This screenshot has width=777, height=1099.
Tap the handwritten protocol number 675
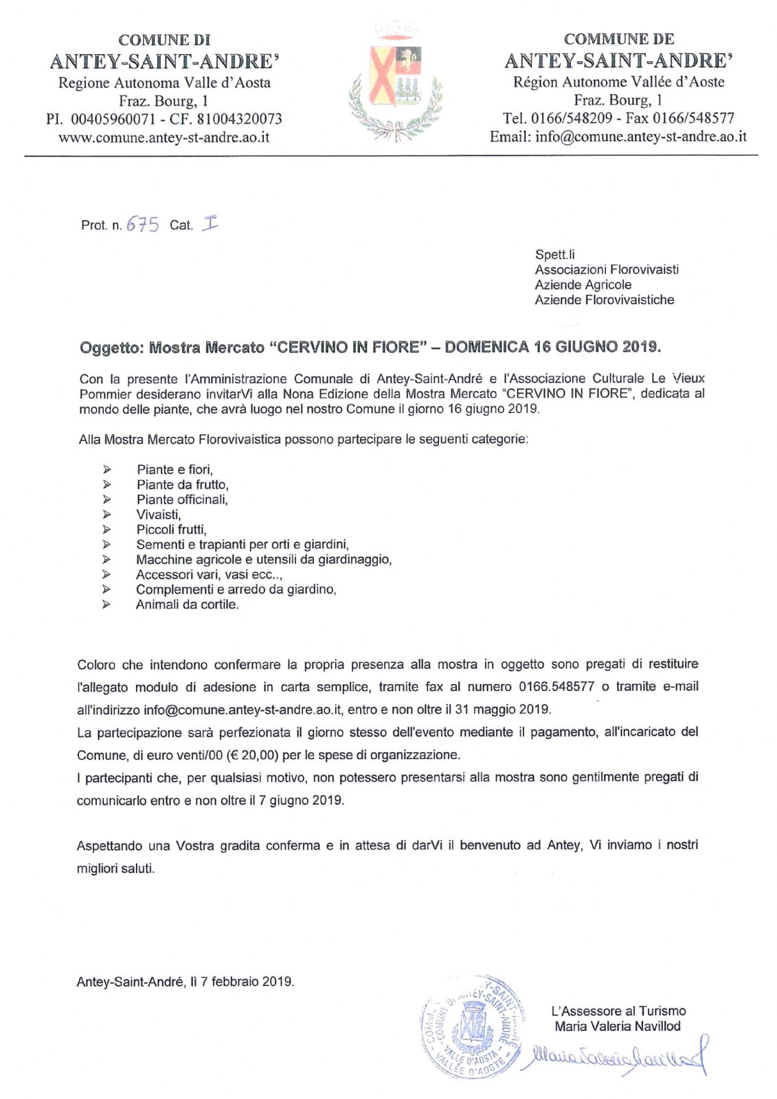tap(142, 225)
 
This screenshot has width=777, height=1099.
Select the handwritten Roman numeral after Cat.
tap(210, 223)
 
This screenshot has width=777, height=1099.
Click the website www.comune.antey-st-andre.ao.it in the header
tap(164, 137)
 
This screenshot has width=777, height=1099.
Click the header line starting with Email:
tap(618, 137)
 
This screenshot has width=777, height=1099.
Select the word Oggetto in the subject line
tap(111, 348)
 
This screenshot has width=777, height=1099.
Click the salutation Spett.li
tap(554, 255)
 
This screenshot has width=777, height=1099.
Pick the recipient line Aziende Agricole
tap(583, 285)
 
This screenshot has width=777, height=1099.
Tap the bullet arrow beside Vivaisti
tap(106, 514)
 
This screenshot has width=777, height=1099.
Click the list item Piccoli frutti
tap(171, 530)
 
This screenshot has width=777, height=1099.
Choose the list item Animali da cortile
tap(187, 605)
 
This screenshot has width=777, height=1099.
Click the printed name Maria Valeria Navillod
tap(617, 1027)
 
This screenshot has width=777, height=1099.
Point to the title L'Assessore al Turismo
tap(618, 1011)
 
